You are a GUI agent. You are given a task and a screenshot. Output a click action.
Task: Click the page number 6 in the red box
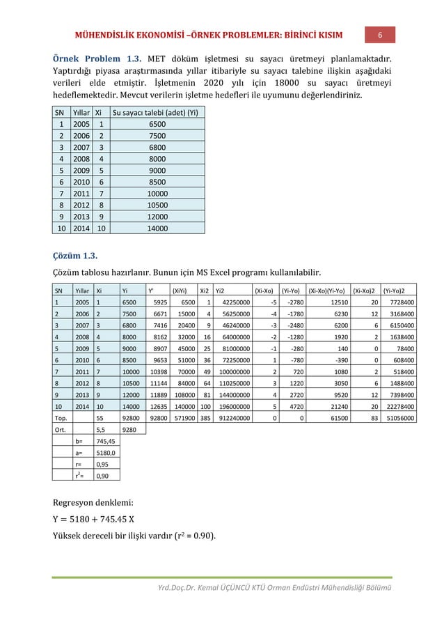(381, 35)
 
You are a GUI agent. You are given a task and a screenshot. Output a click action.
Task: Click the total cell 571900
(182, 418)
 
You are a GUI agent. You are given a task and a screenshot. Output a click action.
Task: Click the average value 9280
(130, 430)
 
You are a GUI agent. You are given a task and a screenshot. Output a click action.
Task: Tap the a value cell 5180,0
(106, 456)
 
